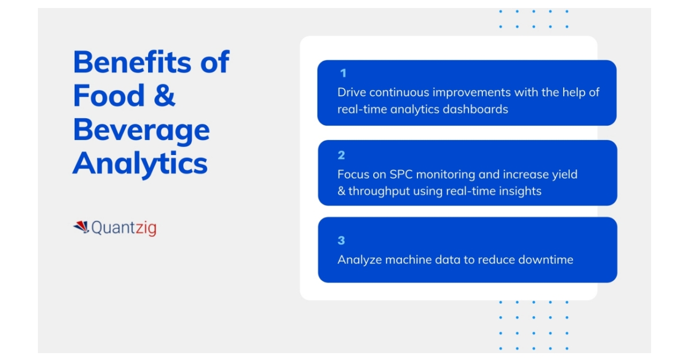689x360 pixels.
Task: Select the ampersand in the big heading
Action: click(164, 96)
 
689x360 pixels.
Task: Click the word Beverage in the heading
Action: click(141, 130)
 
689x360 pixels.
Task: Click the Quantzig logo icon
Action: click(81, 227)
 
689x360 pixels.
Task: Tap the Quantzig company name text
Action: click(123, 228)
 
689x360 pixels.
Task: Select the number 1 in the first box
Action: click(343, 73)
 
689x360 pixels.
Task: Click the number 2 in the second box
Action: click(341, 155)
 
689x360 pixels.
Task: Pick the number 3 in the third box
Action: click(341, 241)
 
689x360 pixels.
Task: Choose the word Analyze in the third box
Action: click(359, 260)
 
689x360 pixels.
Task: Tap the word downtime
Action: click(545, 260)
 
